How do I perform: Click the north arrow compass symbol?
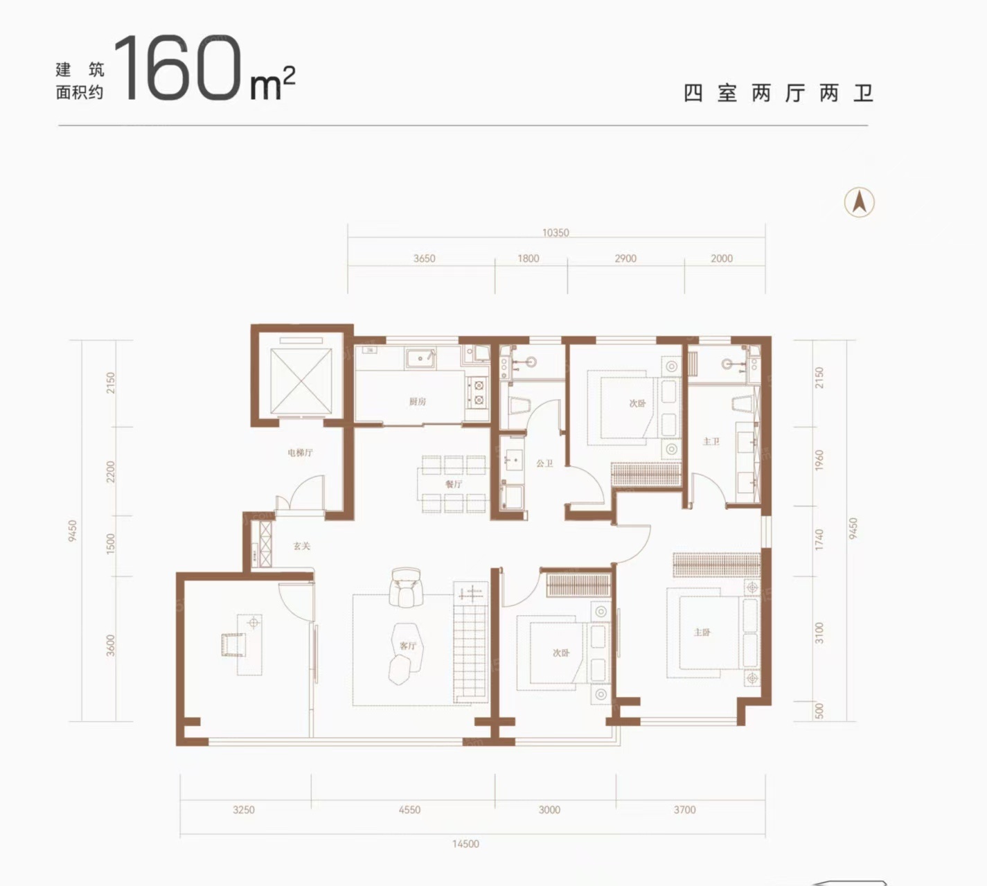tap(860, 202)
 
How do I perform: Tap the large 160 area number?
tap(182, 68)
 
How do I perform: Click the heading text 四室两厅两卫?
tap(778, 93)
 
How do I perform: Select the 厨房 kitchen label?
tap(417, 402)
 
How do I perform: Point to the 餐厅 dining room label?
tap(454, 484)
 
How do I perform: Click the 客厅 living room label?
tap(408, 646)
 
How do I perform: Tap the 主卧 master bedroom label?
tap(702, 632)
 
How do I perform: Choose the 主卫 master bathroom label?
tap(711, 441)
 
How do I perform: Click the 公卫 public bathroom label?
tap(544, 463)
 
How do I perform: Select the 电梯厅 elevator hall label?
tap(300, 452)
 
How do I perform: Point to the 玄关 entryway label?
tap(301, 546)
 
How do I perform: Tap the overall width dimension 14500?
tap(465, 844)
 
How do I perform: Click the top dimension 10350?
tap(555, 233)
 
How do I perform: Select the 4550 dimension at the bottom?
tap(409, 809)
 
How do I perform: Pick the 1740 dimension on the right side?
tap(819, 540)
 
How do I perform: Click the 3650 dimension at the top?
tap(424, 258)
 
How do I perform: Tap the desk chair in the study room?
tap(233, 644)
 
